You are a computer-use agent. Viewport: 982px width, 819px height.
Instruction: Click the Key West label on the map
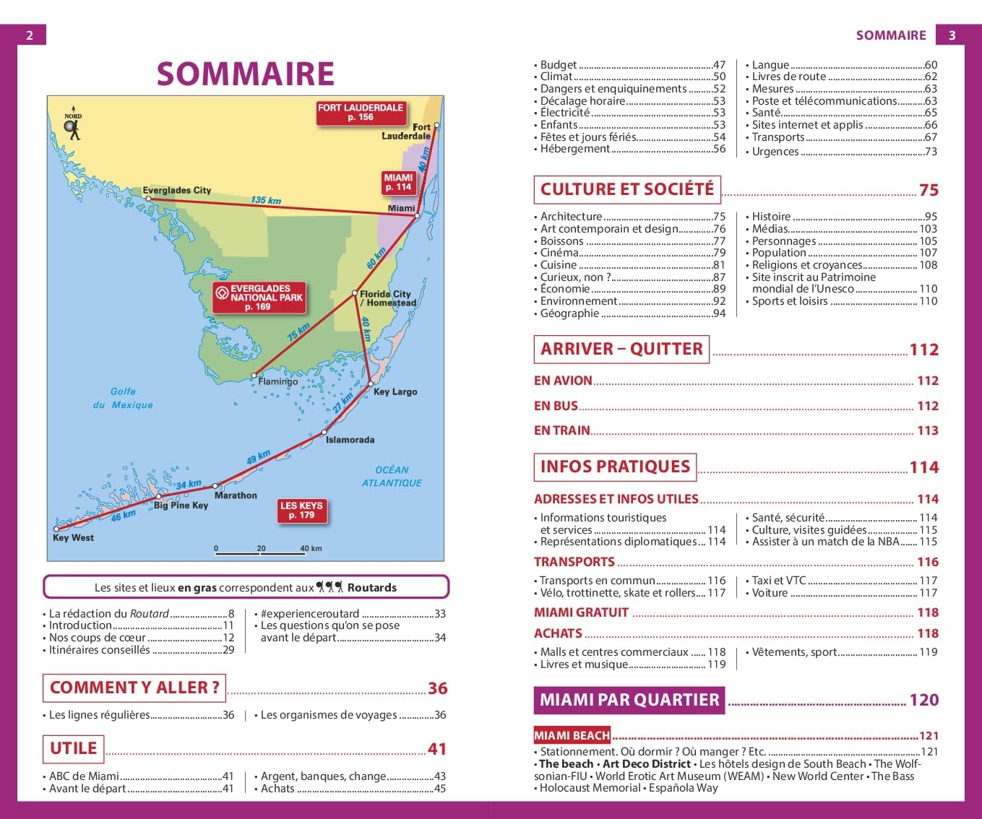73,537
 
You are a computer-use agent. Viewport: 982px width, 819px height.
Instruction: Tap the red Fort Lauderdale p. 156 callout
361,113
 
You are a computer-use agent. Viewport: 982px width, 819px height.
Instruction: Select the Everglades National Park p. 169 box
259,298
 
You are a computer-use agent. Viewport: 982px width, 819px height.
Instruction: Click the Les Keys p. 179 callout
301,511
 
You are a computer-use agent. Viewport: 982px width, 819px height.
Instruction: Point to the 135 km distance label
265,200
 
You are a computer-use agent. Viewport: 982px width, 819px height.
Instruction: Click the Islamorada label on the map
350,440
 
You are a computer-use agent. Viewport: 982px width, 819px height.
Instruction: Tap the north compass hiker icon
72,127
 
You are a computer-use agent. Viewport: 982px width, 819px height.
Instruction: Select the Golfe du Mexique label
123,398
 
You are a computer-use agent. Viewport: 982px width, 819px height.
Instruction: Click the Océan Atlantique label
392,476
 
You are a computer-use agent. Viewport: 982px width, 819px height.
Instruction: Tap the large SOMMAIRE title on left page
246,74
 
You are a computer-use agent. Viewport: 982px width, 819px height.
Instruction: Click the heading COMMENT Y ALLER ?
134,688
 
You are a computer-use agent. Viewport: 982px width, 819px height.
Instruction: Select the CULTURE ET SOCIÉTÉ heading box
626,189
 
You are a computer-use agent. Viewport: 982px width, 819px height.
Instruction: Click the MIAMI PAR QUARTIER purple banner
629,700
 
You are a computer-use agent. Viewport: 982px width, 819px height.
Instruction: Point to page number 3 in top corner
952,35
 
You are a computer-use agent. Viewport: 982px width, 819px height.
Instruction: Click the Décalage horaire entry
582,101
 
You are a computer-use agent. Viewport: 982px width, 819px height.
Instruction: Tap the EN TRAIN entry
562,430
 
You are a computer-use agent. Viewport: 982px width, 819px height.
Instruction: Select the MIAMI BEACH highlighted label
572,735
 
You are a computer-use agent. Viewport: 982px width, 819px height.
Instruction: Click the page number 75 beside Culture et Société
929,190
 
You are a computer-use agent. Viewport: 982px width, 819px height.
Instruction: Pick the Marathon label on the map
236,495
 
